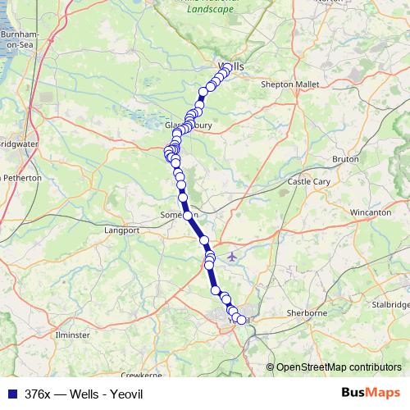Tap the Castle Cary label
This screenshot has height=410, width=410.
tap(306, 181)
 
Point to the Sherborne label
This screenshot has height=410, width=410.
tap(307, 313)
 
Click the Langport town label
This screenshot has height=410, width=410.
tap(122, 231)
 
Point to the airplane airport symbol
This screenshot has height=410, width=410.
tap(232, 257)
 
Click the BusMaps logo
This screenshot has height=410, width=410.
tap(370, 392)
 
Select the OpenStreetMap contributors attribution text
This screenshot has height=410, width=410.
tap(339, 367)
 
